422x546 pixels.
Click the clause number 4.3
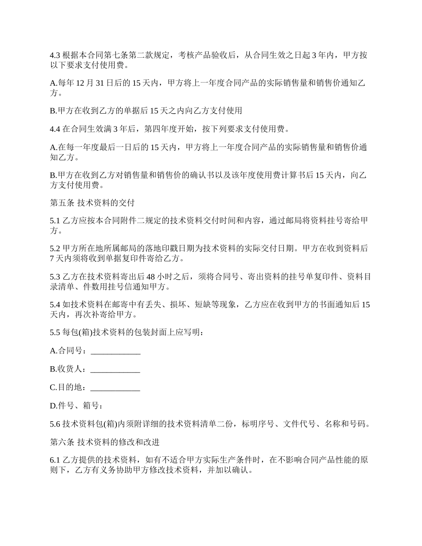click(55, 55)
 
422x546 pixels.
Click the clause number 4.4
click(55, 129)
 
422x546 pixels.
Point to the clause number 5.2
click(55, 249)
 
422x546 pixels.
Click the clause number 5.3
click(55, 277)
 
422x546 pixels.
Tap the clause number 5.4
click(55, 305)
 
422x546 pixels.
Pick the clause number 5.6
click(55, 424)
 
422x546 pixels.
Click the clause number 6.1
click(55, 460)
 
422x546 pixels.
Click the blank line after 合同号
click(115, 351)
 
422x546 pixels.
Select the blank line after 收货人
click(115, 369)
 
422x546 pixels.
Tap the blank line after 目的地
click(115, 388)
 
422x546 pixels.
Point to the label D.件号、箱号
click(76, 406)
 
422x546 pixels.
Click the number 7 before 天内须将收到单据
click(52, 258)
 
